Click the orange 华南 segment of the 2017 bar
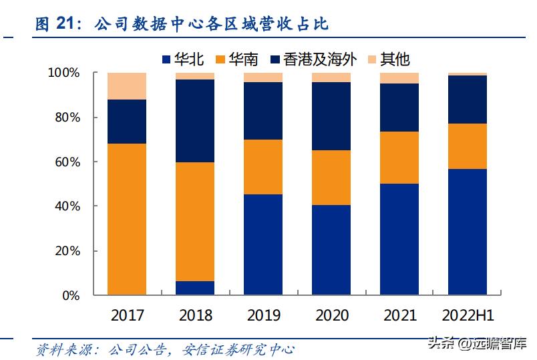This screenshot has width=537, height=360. (127, 219)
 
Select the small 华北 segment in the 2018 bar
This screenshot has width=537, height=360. (195, 288)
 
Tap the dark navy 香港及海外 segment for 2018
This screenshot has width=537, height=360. (195, 121)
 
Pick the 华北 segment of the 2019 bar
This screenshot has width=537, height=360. (263, 244)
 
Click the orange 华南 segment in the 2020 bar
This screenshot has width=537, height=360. (331, 178)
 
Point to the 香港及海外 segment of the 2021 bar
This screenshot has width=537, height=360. (399, 108)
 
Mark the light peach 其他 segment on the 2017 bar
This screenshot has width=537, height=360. (127, 86)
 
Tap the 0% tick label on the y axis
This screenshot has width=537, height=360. (71, 295)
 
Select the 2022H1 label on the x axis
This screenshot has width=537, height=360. (468, 315)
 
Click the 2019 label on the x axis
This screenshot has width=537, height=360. (263, 315)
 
